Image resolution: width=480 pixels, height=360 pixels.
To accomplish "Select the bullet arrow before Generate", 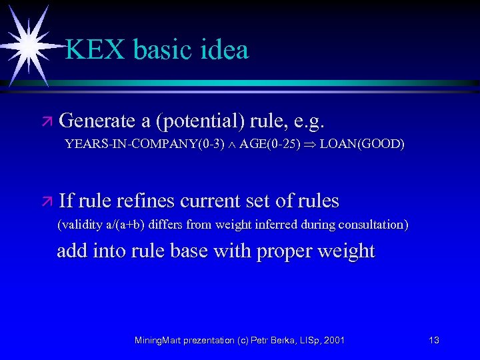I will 47,122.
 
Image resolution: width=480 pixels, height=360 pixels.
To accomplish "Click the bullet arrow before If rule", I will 47,201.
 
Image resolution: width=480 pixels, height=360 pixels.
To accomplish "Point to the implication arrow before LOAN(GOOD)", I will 311,145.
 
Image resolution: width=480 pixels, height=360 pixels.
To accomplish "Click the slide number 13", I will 434,341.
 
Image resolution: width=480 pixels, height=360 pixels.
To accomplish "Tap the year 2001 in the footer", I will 333,341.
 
